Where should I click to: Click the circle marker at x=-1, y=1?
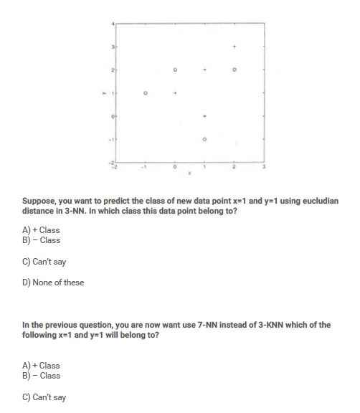coord(146,92)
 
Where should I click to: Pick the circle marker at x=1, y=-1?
coord(204,138)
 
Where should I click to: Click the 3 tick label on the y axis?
coord(112,47)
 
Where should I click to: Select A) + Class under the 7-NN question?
coord(42,366)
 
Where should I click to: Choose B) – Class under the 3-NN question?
coord(42,240)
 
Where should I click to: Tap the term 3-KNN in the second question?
coord(232,325)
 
